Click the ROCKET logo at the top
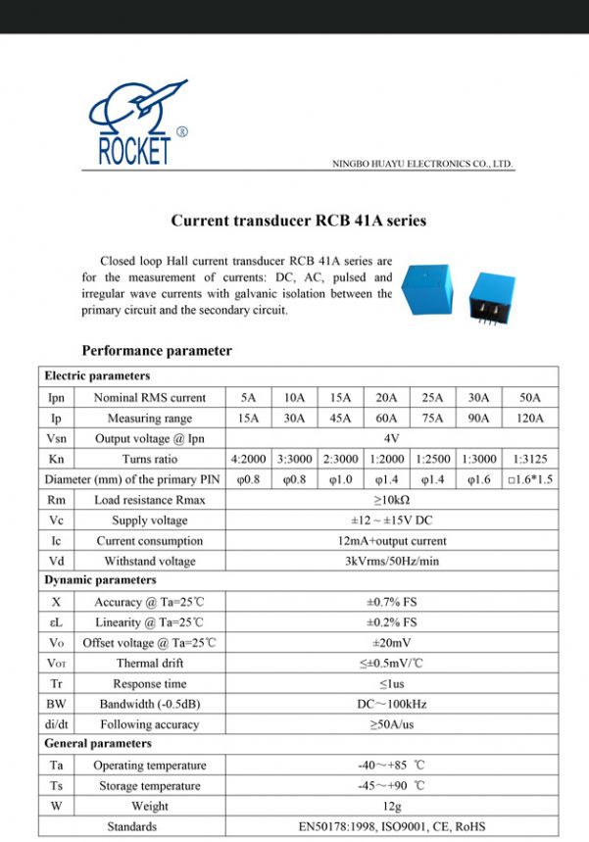pyautogui.click(x=134, y=124)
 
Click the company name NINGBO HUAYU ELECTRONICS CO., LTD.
pyautogui.click(x=423, y=164)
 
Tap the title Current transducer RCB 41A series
pyautogui.click(x=299, y=222)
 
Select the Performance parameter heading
pyautogui.click(x=157, y=351)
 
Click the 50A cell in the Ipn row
pyautogui.click(x=530, y=398)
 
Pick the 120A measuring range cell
pyautogui.click(x=530, y=419)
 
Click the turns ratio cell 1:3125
pyautogui.click(x=530, y=459)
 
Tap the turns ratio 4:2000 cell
pyautogui.click(x=248, y=459)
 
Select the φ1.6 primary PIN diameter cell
pyautogui.click(x=478, y=479)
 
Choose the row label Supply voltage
pyautogui.click(x=149, y=520)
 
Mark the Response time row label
pyautogui.click(x=149, y=684)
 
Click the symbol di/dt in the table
pyautogui.click(x=56, y=724)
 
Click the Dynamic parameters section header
pyautogui.click(x=100, y=581)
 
